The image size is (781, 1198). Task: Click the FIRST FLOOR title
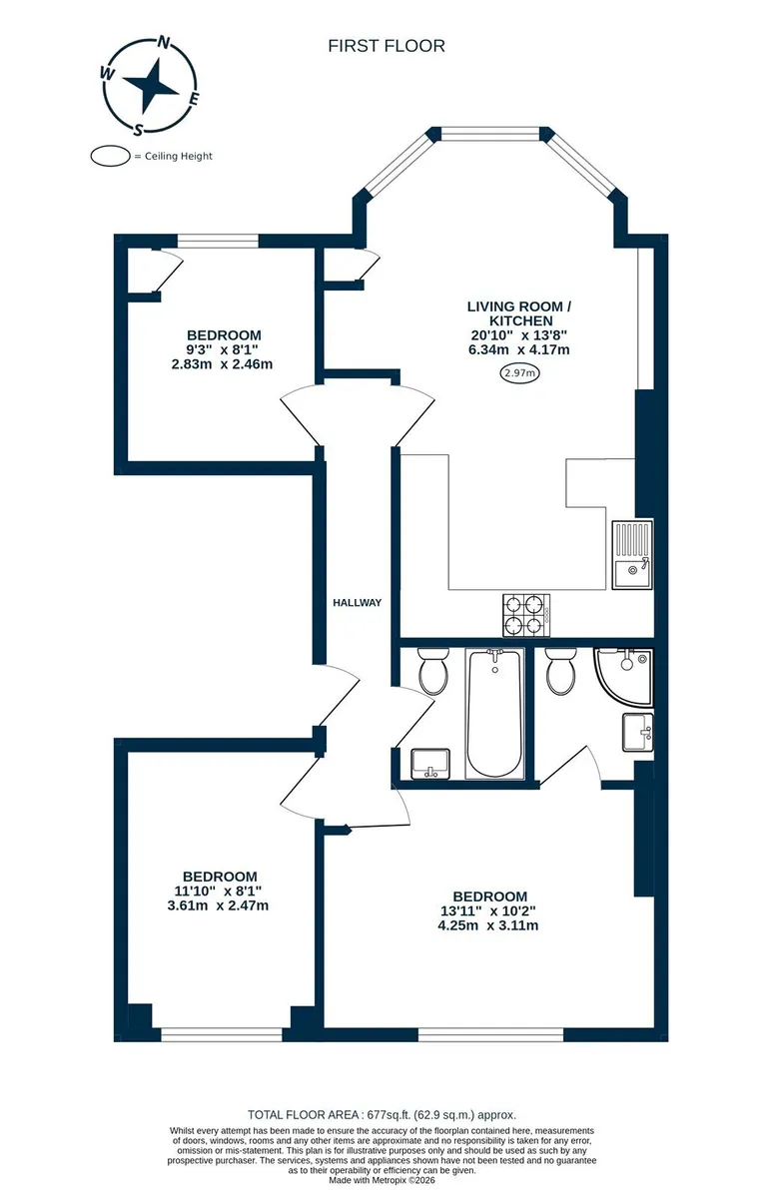tap(387, 46)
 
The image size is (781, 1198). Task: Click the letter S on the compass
tap(139, 129)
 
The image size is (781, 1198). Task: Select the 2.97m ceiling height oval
tap(519, 372)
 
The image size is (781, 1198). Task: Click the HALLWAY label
tap(357, 603)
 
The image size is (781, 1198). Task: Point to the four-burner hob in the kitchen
tap(526, 615)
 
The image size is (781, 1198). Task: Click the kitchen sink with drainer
tap(633, 555)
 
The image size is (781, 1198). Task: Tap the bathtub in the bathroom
tap(494, 714)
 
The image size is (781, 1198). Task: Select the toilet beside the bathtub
tap(432, 671)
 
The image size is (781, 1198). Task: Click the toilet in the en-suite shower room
tap(561, 671)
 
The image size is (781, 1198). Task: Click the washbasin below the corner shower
tap(637, 732)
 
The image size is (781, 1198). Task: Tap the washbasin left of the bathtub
tap(430, 764)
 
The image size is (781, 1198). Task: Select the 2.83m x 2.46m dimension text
tap(222, 364)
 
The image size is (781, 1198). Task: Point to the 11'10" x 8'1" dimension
tap(218, 891)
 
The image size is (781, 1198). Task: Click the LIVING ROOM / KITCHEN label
tap(519, 313)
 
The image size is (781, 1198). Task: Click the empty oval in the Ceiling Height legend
tap(110, 156)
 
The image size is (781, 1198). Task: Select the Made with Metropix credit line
tap(382, 1179)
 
